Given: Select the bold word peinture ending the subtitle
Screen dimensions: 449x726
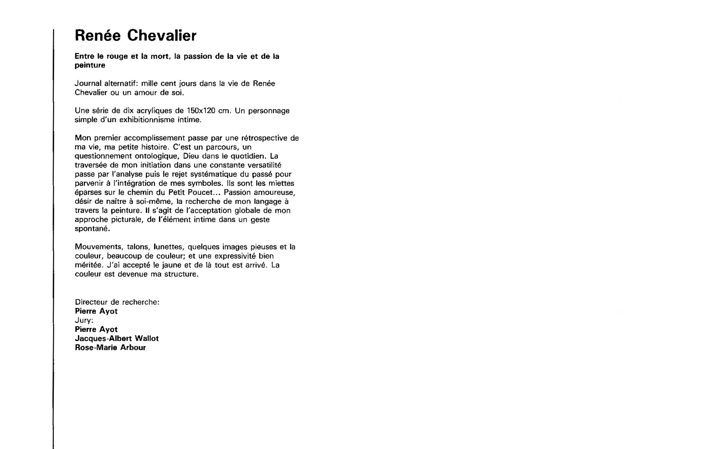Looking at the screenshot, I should pos(90,65).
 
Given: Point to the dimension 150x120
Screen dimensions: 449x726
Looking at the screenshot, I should pos(201,111).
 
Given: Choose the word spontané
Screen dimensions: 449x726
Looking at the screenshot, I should pos(92,229).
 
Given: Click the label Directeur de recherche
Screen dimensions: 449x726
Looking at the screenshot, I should pos(117,302).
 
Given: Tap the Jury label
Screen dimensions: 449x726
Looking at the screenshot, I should pos(84,320).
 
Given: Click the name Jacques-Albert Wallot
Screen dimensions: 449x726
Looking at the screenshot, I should pos(117,339).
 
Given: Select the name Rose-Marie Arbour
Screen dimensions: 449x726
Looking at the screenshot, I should pos(110,348).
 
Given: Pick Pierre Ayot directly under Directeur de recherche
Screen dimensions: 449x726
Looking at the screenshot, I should pos(96,311).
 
